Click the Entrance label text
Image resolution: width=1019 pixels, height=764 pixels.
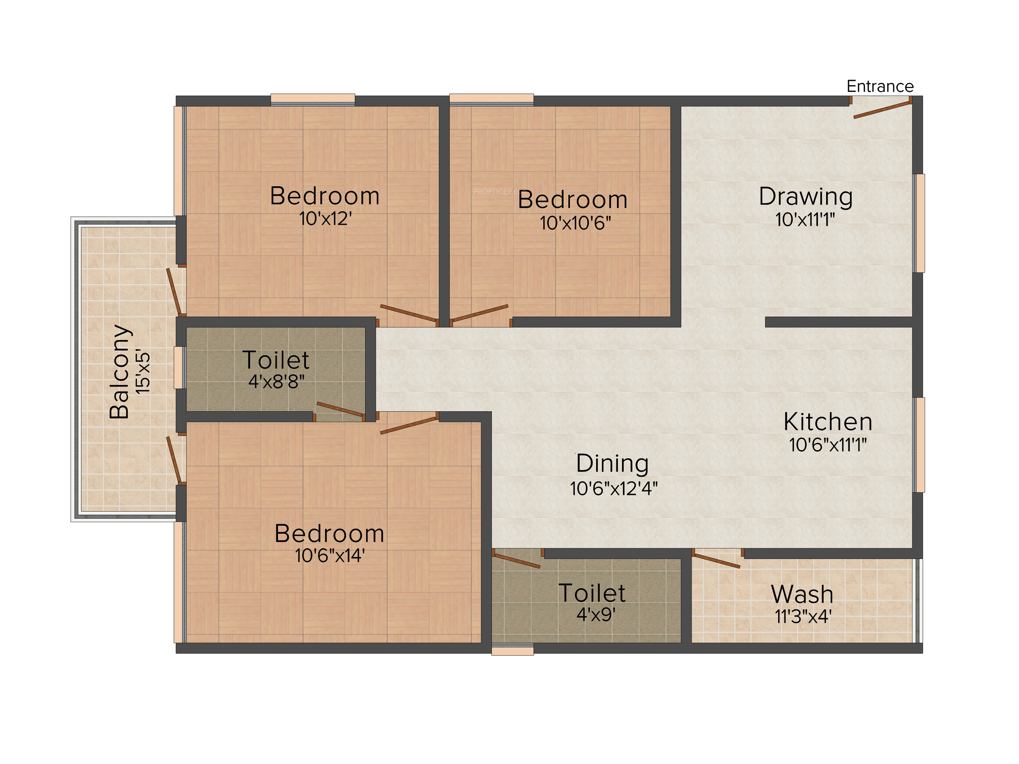880,86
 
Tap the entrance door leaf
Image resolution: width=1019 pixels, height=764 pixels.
882,110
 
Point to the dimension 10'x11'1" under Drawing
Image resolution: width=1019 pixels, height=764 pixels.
805,220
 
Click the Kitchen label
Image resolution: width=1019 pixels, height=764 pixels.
828,421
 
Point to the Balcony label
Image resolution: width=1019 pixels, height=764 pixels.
119,372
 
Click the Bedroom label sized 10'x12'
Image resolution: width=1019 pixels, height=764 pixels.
325,196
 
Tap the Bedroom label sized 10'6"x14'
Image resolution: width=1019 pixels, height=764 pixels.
329,534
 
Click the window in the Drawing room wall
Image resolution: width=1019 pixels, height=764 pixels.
919,223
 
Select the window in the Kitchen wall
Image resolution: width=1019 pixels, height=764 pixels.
919,445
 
